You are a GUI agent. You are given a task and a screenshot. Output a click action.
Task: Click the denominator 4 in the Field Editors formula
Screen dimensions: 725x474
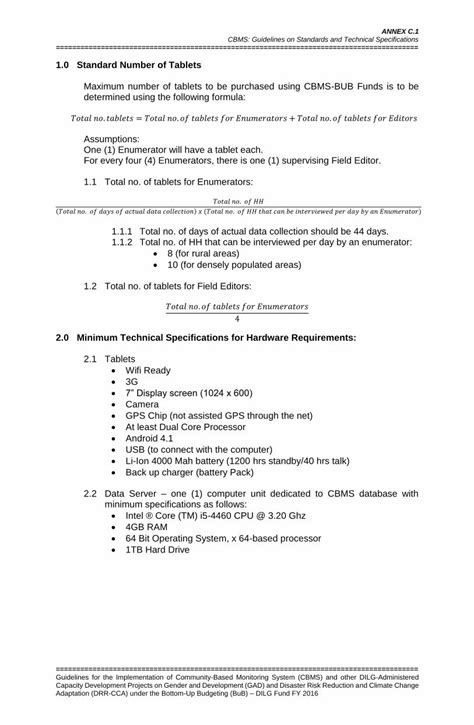[x=237, y=318]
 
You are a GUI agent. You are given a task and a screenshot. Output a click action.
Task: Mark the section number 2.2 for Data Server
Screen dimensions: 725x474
[x=91, y=494]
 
